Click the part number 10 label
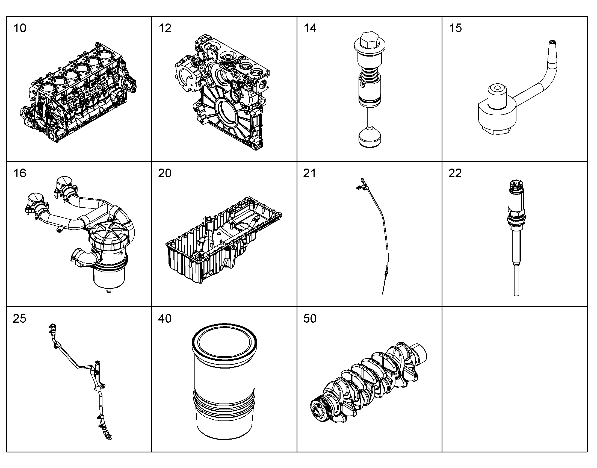click(x=20, y=28)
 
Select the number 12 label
click(x=165, y=28)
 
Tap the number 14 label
click(x=310, y=28)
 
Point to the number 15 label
click(x=455, y=28)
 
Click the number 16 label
click(x=20, y=173)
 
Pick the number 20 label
click(x=165, y=173)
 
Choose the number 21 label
click(x=309, y=173)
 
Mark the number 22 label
click(x=455, y=173)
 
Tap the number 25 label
click(x=19, y=318)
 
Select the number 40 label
click(x=165, y=318)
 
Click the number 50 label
click(x=310, y=318)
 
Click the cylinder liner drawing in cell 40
click(x=224, y=381)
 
